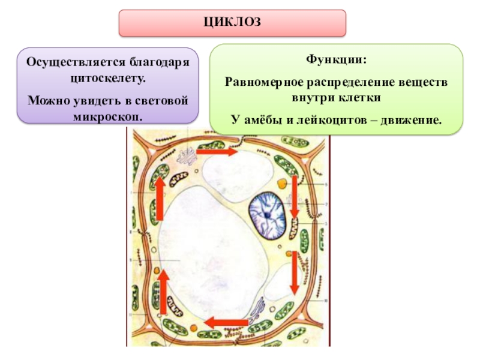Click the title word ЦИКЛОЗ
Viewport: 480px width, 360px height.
(232, 22)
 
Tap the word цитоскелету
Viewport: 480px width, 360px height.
(108, 79)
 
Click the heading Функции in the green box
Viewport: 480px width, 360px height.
(335, 61)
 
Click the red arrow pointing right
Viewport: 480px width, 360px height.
(215, 152)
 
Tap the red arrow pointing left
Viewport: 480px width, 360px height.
(226, 323)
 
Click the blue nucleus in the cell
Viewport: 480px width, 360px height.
(270, 216)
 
